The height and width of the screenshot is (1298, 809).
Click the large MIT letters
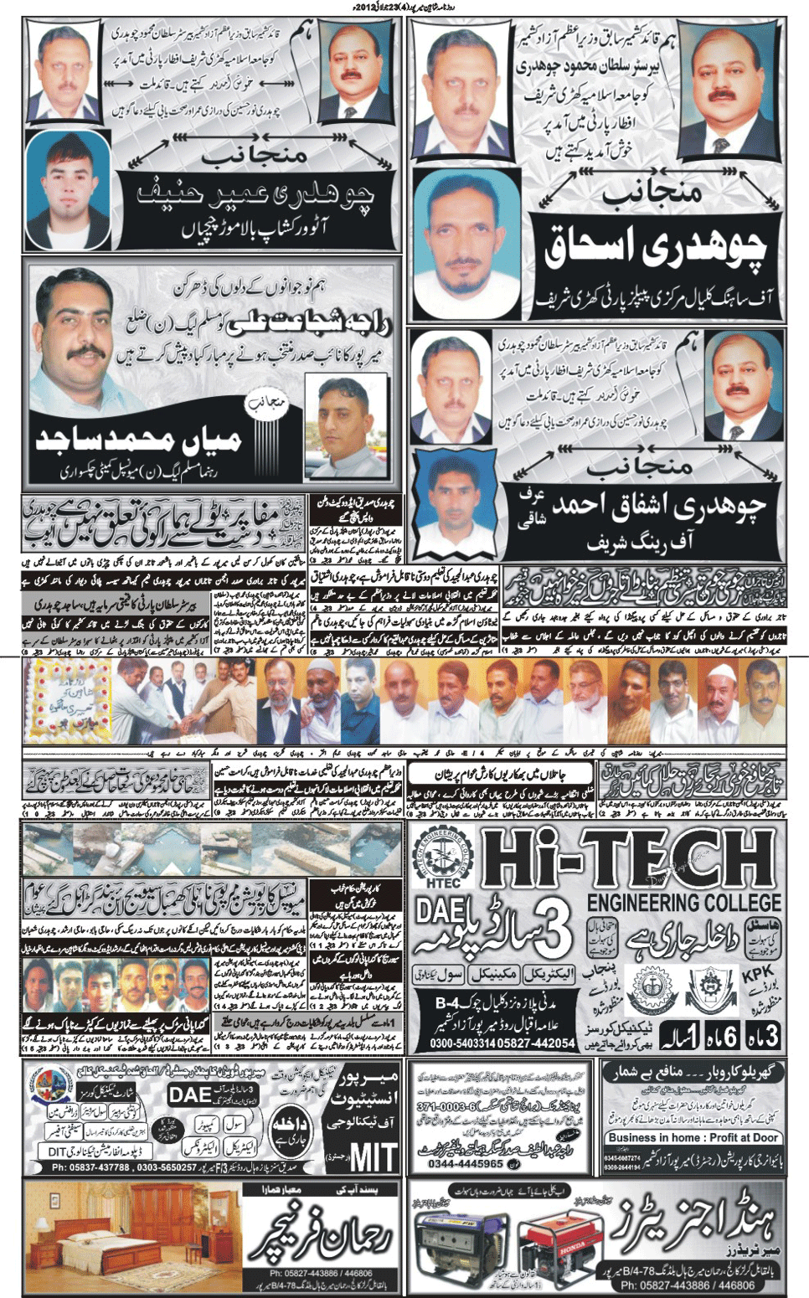click(x=373, y=1157)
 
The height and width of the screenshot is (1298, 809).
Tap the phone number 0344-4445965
click(x=466, y=1164)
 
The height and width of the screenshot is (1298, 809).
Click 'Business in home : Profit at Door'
click(x=693, y=1138)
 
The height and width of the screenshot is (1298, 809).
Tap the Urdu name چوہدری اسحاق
click(x=657, y=247)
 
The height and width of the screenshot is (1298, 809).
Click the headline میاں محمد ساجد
click(x=138, y=439)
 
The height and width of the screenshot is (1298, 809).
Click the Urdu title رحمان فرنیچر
click(x=323, y=1236)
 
